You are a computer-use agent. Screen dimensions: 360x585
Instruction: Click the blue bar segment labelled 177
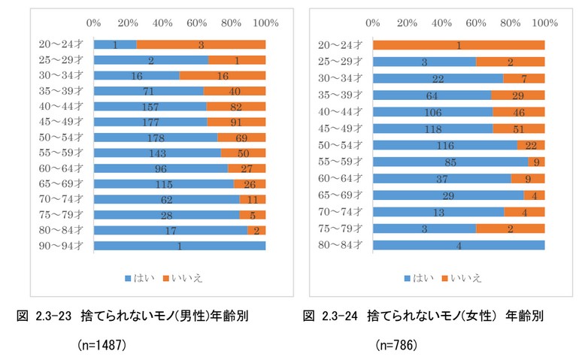click(150, 122)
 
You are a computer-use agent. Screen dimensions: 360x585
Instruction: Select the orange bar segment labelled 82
click(236, 107)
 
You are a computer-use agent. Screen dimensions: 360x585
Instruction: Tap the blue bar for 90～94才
click(180, 246)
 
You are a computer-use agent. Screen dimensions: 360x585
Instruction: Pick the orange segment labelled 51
click(519, 129)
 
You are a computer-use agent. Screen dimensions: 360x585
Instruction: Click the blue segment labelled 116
click(445, 145)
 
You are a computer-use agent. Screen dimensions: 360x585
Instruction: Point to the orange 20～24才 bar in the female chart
click(459, 45)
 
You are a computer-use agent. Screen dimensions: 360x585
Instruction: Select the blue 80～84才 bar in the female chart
click(459, 244)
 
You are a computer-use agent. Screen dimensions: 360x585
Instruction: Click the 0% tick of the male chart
click(94, 24)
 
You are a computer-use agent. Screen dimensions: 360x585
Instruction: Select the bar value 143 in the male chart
click(157, 153)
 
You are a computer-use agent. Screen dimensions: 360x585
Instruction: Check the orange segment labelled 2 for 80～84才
click(256, 230)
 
